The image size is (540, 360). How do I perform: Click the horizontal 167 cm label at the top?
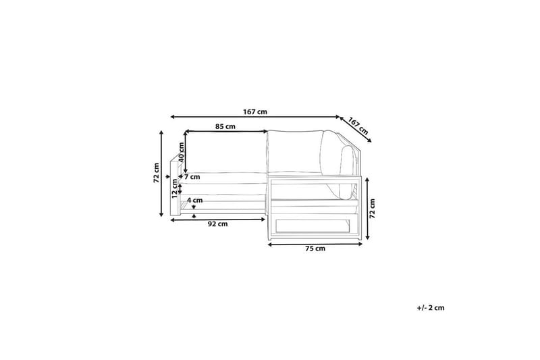click(x=255, y=111)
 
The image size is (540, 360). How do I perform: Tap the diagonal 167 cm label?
click(x=358, y=126)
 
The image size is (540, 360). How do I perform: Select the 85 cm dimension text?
click(x=225, y=126)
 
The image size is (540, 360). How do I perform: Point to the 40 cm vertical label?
click(x=182, y=152)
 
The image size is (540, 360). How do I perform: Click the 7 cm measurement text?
click(x=192, y=177)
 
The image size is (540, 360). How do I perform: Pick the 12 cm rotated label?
click(x=174, y=189)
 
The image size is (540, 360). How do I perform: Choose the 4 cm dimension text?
click(x=195, y=200)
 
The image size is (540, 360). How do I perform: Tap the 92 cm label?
click(x=217, y=224)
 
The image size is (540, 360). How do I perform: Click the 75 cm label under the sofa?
click(x=315, y=249)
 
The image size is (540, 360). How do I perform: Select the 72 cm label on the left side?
click(x=157, y=173)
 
